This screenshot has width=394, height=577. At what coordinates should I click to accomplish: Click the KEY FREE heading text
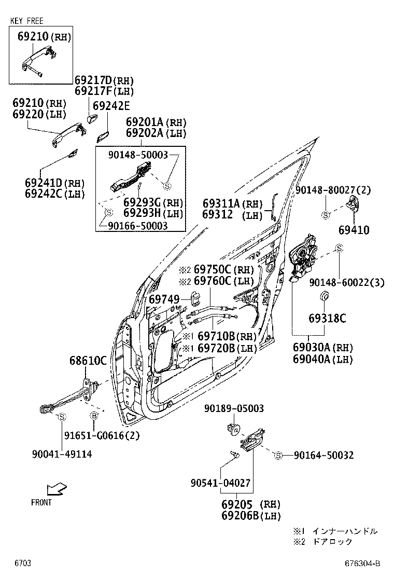(x=26, y=21)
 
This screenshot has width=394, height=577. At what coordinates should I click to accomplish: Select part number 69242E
(x=110, y=106)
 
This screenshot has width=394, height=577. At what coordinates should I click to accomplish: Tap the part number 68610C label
(x=88, y=361)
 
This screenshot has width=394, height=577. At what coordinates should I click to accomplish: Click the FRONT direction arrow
(x=56, y=489)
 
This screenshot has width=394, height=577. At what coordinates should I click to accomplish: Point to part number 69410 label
(x=354, y=229)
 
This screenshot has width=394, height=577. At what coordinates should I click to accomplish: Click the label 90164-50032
(x=323, y=455)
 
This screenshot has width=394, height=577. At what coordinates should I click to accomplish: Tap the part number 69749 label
(x=164, y=299)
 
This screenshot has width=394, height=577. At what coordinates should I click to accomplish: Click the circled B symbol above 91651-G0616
(x=94, y=416)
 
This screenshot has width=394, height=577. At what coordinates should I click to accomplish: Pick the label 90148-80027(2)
(x=333, y=190)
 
